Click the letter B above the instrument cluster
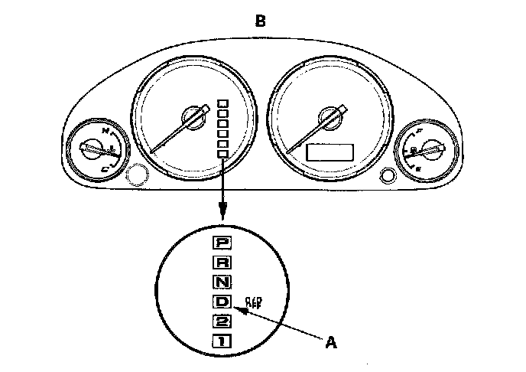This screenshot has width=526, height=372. [261, 21]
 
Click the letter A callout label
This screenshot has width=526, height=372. [330, 343]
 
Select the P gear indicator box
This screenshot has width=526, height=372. [222, 243]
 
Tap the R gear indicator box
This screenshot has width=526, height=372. [222, 262]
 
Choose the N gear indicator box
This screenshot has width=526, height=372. [222, 281]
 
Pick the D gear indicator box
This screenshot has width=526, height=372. [222, 301]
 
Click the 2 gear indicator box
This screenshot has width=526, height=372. [222, 321]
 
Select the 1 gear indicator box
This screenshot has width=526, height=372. [222, 340]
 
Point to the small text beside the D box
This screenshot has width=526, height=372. [252, 301]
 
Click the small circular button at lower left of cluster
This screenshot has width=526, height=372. [137, 175]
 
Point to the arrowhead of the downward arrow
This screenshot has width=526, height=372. [222, 214]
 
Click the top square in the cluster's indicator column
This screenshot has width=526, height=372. [222, 102]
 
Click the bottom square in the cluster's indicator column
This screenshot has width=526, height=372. [222, 154]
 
